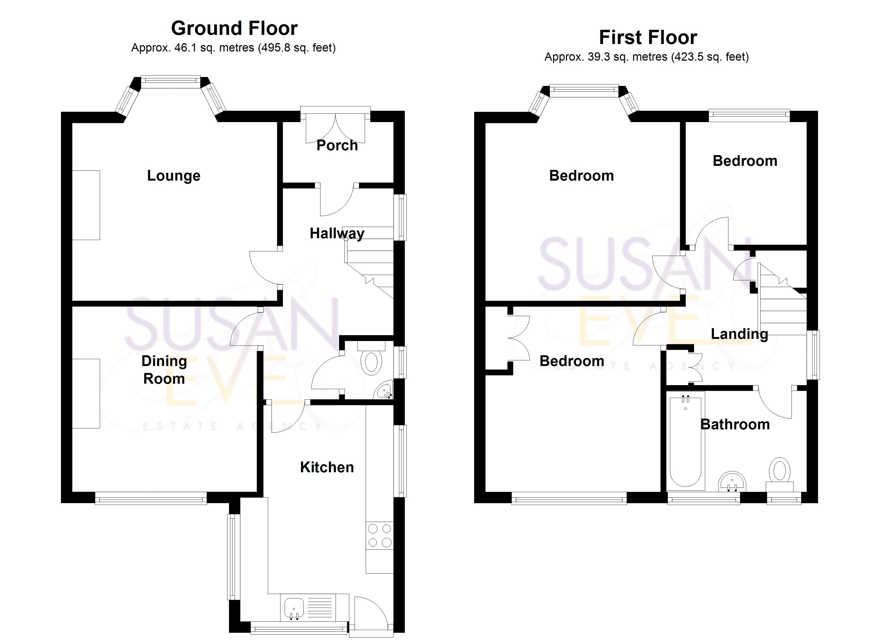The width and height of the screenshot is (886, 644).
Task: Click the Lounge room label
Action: tap(174, 176)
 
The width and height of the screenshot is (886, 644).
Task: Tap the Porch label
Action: tap(337, 145)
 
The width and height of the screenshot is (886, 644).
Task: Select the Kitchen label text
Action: tap(327, 467)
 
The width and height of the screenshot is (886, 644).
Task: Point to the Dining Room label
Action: tap(164, 369)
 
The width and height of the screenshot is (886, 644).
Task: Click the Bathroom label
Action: tap(735, 425)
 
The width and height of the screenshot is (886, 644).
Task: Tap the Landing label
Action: tap(739, 334)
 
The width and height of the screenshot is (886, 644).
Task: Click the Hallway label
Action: tap(337, 233)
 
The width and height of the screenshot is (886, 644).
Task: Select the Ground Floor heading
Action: tap(234, 28)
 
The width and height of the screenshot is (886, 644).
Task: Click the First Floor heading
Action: tap(648, 38)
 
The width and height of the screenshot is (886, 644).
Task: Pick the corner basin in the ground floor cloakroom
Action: tap(384, 390)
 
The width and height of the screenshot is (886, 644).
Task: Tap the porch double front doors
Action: tap(336, 128)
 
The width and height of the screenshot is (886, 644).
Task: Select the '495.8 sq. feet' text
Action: tap(297, 48)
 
